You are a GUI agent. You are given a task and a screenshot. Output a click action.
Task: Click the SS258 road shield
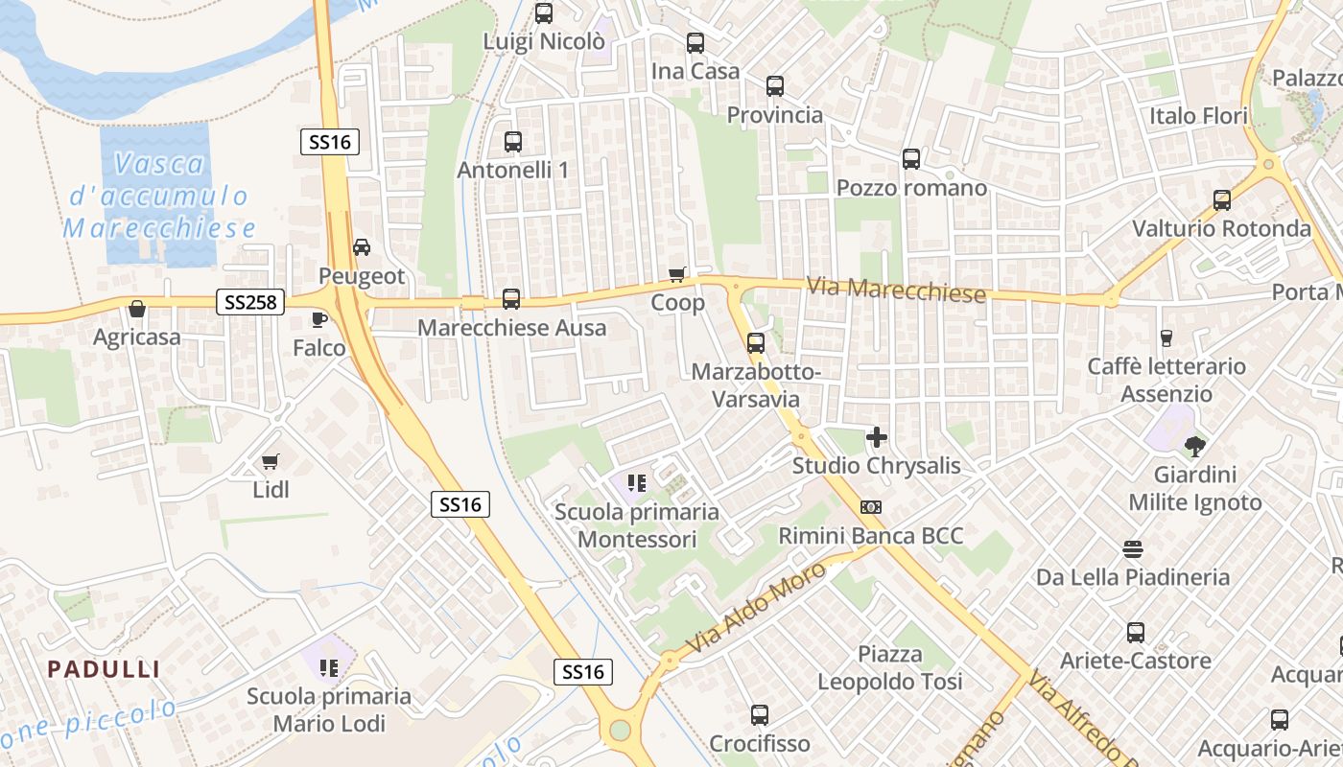click(x=251, y=302)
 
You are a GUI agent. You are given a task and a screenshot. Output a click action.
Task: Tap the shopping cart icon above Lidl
click(x=271, y=462)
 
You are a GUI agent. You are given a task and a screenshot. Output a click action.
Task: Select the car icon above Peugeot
click(x=362, y=247)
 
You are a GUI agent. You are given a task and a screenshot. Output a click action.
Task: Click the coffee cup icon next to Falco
click(x=319, y=319)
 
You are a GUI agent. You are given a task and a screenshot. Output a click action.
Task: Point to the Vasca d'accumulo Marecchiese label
click(x=159, y=196)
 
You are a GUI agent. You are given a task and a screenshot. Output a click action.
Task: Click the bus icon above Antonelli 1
click(x=513, y=142)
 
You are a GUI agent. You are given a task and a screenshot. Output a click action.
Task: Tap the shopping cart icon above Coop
click(x=677, y=275)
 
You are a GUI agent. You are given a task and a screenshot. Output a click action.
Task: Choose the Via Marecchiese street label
click(x=896, y=290)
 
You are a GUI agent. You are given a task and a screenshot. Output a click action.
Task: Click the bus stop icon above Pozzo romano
click(x=910, y=159)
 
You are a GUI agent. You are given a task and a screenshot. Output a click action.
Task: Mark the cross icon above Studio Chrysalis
click(x=876, y=437)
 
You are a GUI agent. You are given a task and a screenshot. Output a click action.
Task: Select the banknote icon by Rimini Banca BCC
click(x=871, y=507)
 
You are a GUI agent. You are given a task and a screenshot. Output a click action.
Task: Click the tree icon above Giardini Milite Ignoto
click(x=1195, y=446)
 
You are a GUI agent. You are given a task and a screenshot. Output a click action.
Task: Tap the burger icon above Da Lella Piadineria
click(x=1133, y=549)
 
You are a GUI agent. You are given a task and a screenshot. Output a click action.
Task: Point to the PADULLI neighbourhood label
click(x=105, y=669)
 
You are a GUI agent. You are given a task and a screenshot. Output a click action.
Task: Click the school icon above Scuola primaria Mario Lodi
click(x=329, y=667)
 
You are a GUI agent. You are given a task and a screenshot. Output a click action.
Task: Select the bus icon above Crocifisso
click(x=760, y=714)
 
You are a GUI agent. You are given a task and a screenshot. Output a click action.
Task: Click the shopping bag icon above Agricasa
click(x=137, y=309)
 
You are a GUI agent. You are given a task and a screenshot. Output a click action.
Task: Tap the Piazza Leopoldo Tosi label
click(x=889, y=668)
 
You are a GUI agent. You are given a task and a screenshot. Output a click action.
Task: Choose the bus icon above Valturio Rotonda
click(x=1221, y=200)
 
